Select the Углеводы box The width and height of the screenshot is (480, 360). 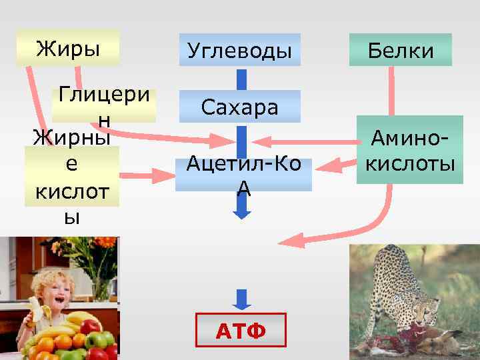(x=239, y=50)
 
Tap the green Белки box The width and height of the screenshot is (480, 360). (x=400, y=50)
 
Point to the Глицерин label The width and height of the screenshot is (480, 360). (x=103, y=105)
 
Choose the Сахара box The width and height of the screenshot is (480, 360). (x=239, y=107)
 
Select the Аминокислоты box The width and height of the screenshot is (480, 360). (x=406, y=151)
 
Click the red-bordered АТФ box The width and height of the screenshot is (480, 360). (x=240, y=330)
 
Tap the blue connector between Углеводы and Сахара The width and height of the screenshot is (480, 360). (x=242, y=78)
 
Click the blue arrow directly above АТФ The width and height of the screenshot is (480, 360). (x=242, y=297)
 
